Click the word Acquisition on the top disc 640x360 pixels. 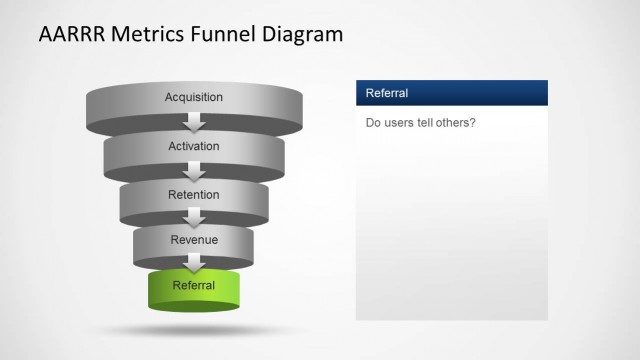pyautogui.click(x=194, y=97)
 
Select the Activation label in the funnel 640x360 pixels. pyautogui.click(x=194, y=146)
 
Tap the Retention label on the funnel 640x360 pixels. pyautogui.click(x=194, y=194)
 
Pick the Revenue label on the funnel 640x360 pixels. pyautogui.click(x=194, y=240)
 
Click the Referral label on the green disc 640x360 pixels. pyautogui.click(x=194, y=286)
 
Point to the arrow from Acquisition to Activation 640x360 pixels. pyautogui.click(x=194, y=122)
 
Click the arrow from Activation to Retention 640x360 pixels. pyautogui.click(x=194, y=171)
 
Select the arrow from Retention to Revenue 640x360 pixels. pyautogui.click(x=194, y=218)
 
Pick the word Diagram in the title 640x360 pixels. pyautogui.click(x=301, y=35)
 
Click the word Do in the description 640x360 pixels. pyautogui.click(x=374, y=124)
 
